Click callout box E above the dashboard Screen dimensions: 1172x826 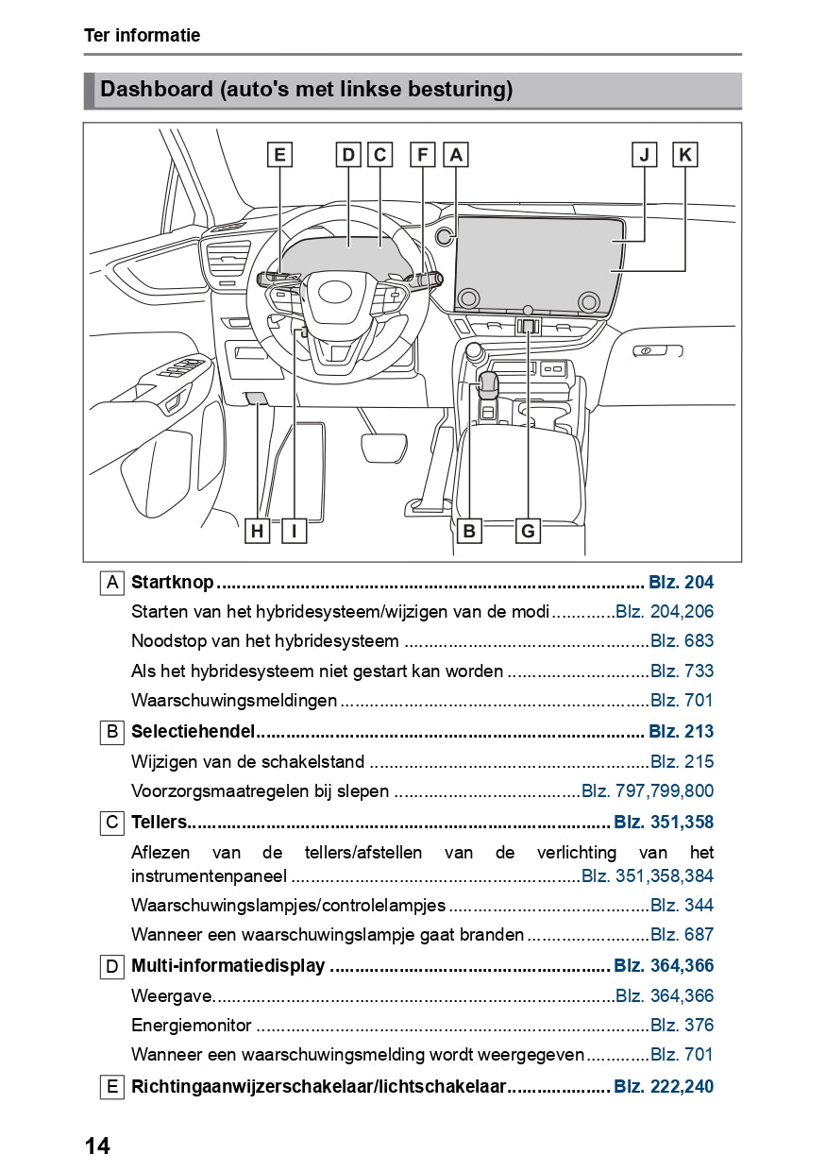[278, 154]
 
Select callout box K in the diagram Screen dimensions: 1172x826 [684, 154]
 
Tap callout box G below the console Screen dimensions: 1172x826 [528, 531]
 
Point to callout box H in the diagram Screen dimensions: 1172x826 [256, 531]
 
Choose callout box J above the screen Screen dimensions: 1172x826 [645, 154]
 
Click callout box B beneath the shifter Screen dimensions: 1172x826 [469, 531]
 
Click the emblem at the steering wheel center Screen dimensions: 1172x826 [333, 292]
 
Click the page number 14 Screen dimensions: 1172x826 [97, 1146]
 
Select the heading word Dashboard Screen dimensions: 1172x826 [156, 90]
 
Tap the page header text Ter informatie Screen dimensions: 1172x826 [142, 36]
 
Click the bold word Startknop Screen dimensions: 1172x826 [172, 583]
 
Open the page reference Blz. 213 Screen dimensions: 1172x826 [681, 731]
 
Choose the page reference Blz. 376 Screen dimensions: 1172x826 [682, 1025]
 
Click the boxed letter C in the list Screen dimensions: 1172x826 [112, 823]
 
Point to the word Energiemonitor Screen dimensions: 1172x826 [192, 1025]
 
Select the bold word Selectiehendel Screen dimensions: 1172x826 [194, 731]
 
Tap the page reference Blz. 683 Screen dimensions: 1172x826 [682, 641]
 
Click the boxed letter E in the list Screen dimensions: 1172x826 [112, 1087]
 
